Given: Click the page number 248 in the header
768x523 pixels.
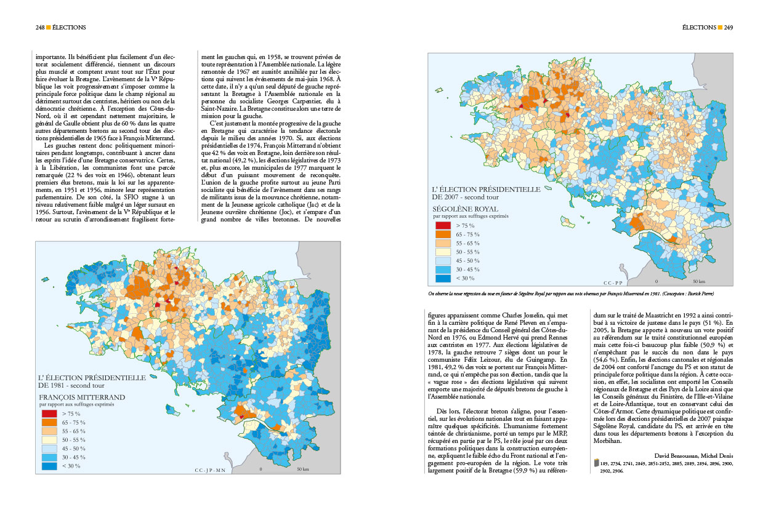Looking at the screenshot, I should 40,27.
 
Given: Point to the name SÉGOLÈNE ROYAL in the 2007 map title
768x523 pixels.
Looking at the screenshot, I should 465,209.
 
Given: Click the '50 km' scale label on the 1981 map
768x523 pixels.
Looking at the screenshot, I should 302,469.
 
